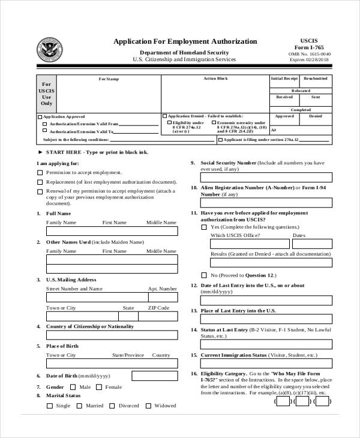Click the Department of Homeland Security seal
click(x=49, y=49)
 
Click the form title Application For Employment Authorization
click(x=185, y=41)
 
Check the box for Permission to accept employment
click(x=40, y=172)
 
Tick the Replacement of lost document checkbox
click(x=40, y=182)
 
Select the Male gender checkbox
click(x=74, y=388)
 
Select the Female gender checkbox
click(x=100, y=388)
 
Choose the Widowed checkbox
click(x=148, y=406)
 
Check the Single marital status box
click(x=49, y=406)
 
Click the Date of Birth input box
click(x=154, y=376)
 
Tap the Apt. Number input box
click(x=163, y=296)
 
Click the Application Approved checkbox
click(x=40, y=116)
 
